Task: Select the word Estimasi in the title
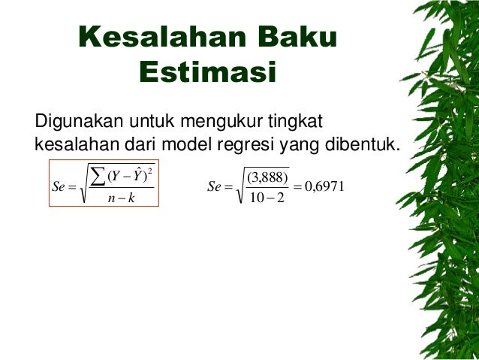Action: pyautogui.click(x=208, y=74)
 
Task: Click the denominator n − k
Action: pyautogui.click(x=120, y=198)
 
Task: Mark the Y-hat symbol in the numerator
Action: pyautogui.click(x=137, y=177)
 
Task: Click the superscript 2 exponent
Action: pyautogui.click(x=150, y=170)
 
